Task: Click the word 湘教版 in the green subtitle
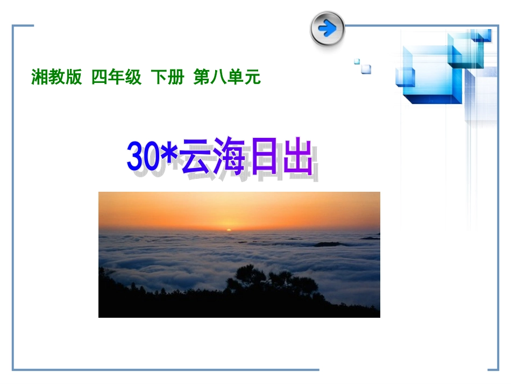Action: click(x=56, y=78)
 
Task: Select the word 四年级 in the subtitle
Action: click(x=116, y=78)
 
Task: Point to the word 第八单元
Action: click(x=227, y=78)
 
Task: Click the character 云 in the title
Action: click(x=198, y=156)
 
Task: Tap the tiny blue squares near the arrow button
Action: click(x=364, y=67)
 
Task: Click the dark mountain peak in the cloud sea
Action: click(x=328, y=244)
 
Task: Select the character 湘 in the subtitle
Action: click(x=39, y=78)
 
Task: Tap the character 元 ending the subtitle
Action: click(x=253, y=78)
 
